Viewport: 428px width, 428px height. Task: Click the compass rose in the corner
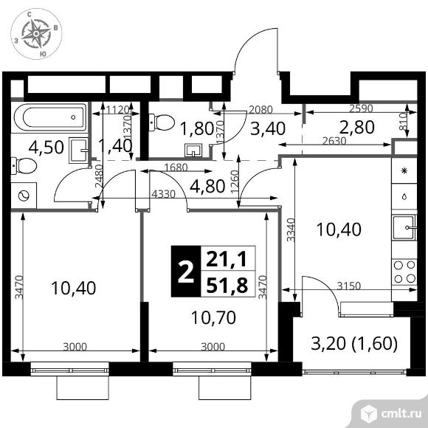click(36, 34)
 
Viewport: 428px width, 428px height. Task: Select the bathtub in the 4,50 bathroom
click(49, 117)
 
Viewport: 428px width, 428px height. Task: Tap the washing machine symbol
click(24, 196)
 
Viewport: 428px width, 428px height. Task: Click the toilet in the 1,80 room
click(162, 122)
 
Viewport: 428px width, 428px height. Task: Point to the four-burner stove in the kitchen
click(404, 272)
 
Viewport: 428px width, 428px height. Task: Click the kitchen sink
click(404, 227)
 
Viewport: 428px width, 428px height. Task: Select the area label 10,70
click(213, 317)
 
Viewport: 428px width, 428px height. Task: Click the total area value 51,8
click(227, 285)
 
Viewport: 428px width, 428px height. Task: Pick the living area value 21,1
click(227, 259)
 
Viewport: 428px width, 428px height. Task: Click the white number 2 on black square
click(186, 272)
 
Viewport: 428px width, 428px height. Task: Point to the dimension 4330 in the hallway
click(163, 194)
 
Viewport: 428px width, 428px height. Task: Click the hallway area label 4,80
click(207, 187)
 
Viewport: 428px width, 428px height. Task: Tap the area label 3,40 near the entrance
click(268, 129)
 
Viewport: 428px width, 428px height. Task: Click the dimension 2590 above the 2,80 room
click(361, 108)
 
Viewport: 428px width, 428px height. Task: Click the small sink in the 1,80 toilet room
click(193, 150)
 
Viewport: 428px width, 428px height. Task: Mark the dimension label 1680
click(176, 168)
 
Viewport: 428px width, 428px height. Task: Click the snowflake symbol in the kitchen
click(404, 171)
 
